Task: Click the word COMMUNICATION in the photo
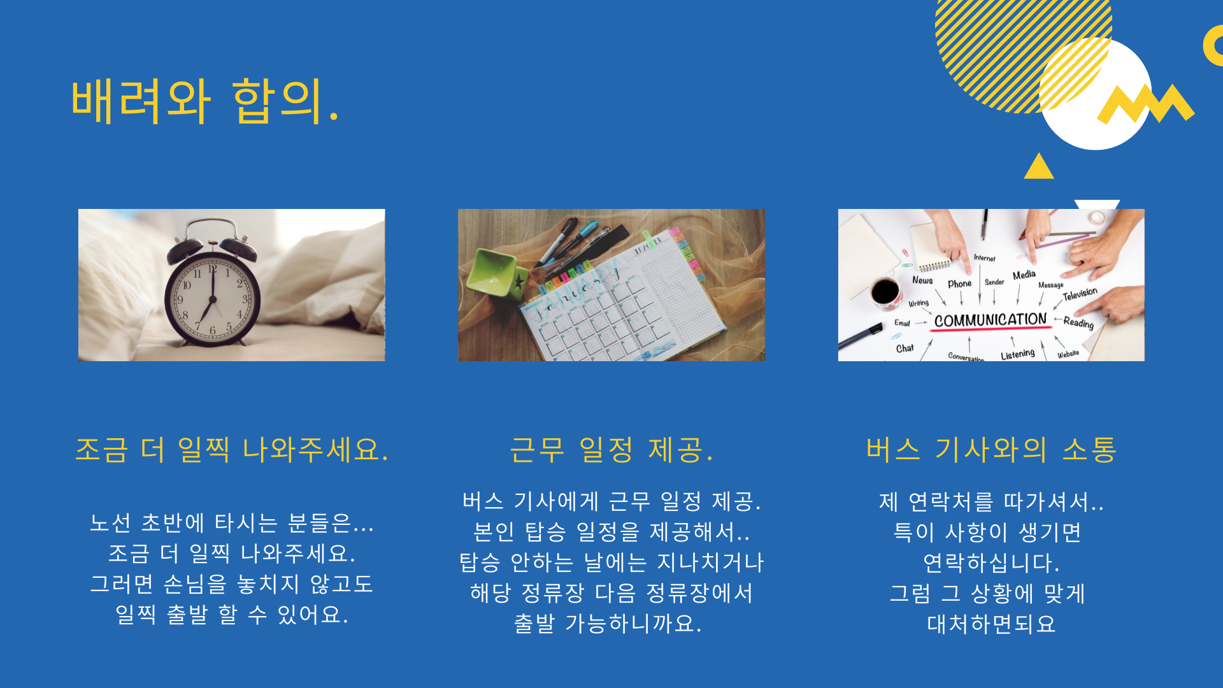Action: (x=990, y=320)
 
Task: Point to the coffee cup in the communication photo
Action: (x=886, y=292)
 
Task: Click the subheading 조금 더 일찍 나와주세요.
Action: (x=232, y=450)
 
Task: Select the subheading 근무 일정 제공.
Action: (x=611, y=450)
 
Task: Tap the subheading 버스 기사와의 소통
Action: (x=991, y=450)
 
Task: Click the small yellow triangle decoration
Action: (x=1039, y=167)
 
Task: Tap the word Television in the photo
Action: (x=1080, y=294)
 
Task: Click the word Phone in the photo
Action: (x=959, y=283)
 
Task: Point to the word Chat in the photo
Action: (x=905, y=348)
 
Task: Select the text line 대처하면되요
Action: (x=991, y=624)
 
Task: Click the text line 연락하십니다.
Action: (x=991, y=563)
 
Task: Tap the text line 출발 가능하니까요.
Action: (x=608, y=623)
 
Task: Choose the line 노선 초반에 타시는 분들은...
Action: (x=232, y=523)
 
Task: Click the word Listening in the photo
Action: (x=1017, y=354)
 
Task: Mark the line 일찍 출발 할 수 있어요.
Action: (x=232, y=615)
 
